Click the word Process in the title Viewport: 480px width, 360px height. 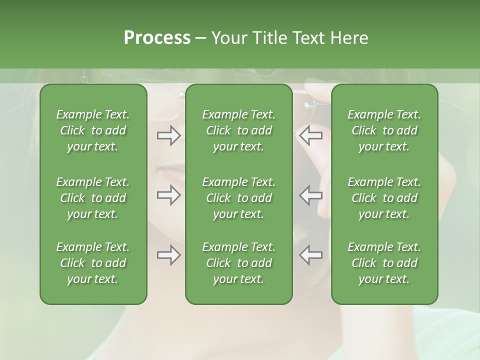tap(157, 38)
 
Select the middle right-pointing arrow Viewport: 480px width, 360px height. tap(168, 195)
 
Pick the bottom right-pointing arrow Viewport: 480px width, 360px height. tap(168, 255)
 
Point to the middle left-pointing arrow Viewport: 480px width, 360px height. tap(311, 195)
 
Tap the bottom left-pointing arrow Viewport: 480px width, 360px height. tap(311, 255)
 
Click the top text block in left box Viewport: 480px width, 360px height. tap(93, 130)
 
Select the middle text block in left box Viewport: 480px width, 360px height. tap(93, 198)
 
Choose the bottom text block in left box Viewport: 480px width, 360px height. tap(93, 263)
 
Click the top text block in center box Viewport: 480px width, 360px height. tap(238, 130)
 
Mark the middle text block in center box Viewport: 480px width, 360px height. tap(238, 198)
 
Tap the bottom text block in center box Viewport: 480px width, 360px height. tap(238, 263)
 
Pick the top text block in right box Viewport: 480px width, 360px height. tap(384, 130)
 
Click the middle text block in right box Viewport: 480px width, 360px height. tap(384, 198)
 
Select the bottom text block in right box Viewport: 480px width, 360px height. tap(384, 263)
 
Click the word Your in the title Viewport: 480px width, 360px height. tap(228, 38)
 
